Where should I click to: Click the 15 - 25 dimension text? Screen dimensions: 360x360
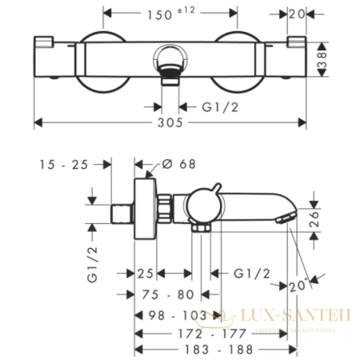coord(63,165)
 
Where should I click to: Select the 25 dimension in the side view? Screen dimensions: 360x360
coord(145,273)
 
